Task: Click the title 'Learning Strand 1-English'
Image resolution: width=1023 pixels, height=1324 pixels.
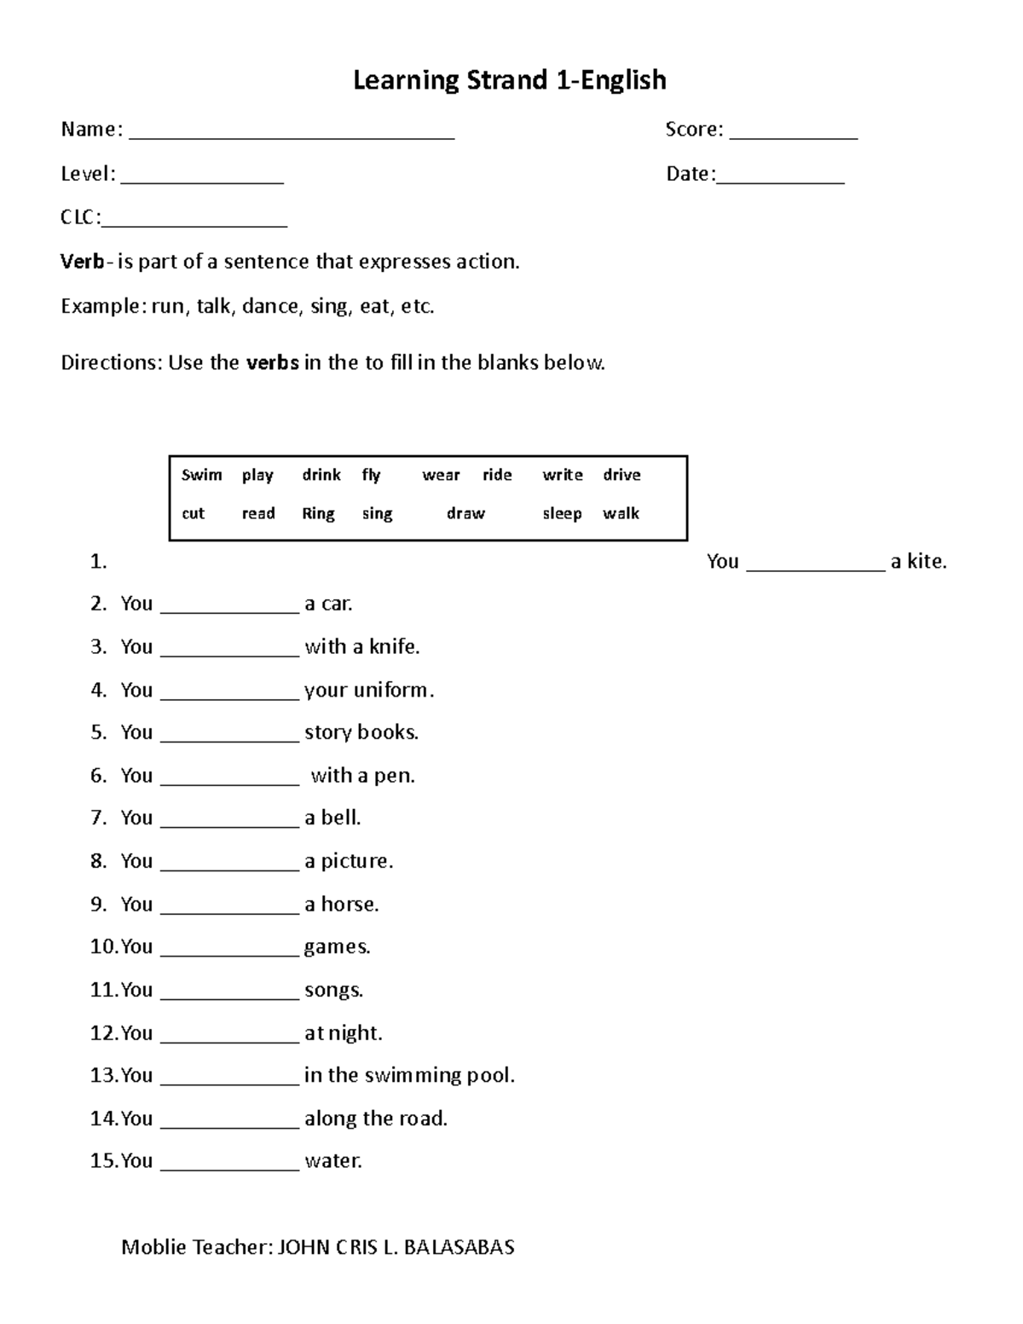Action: (x=510, y=80)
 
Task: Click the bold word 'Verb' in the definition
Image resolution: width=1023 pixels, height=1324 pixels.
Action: (x=82, y=262)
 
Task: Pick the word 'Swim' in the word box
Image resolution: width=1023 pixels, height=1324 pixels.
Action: (x=201, y=475)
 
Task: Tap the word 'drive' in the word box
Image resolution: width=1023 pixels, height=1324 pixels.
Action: (x=621, y=475)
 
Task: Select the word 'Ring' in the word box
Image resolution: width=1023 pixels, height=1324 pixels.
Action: (x=318, y=513)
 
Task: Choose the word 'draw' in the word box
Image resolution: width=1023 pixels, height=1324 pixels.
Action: (x=465, y=513)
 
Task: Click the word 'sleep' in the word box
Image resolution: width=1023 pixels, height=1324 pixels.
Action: (x=562, y=513)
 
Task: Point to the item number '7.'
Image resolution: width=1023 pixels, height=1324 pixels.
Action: (x=99, y=818)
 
